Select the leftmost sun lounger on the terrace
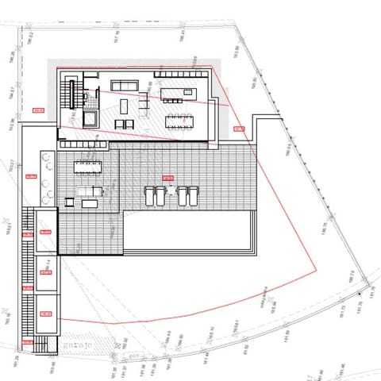tap(148, 194)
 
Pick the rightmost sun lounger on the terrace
tap(192, 194)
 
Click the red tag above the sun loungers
tap(167, 177)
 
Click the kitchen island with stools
tap(176, 94)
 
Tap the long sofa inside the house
tap(124, 86)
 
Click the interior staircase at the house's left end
tap(71, 94)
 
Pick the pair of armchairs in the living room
tap(124, 124)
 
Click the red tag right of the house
tap(238, 129)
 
